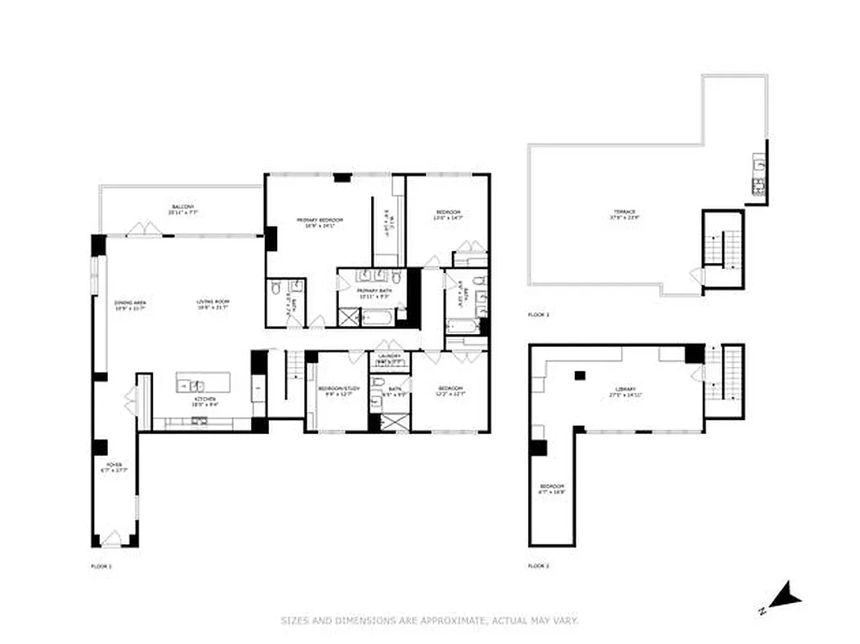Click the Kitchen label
pyautogui.click(x=203, y=402)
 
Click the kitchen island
pyautogui.click(x=203, y=382)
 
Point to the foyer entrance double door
pyautogui.click(x=113, y=539)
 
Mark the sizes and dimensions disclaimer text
pyautogui.click(x=429, y=621)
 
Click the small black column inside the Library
pyautogui.click(x=579, y=375)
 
